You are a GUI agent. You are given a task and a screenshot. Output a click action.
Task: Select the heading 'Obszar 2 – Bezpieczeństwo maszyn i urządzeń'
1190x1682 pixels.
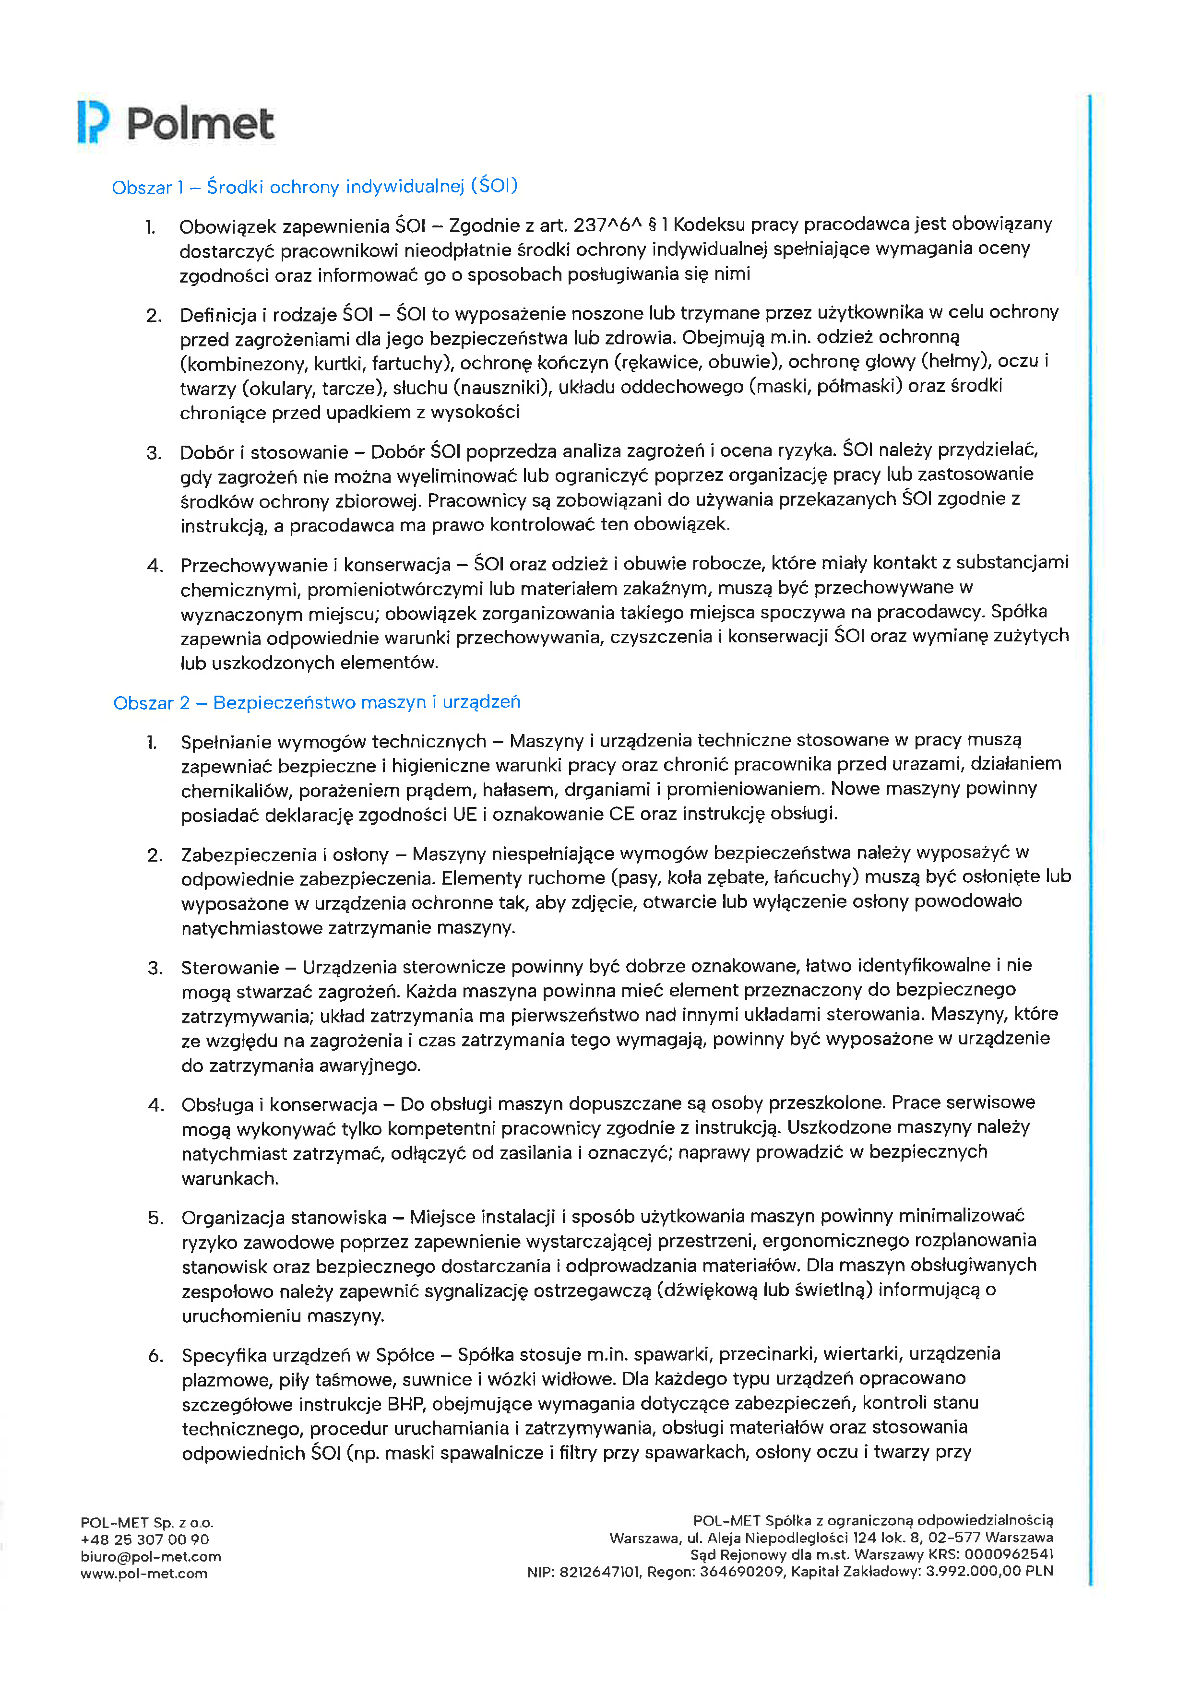[317, 702]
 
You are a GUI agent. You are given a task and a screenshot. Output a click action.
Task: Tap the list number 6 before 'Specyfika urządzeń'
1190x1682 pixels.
[155, 1356]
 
